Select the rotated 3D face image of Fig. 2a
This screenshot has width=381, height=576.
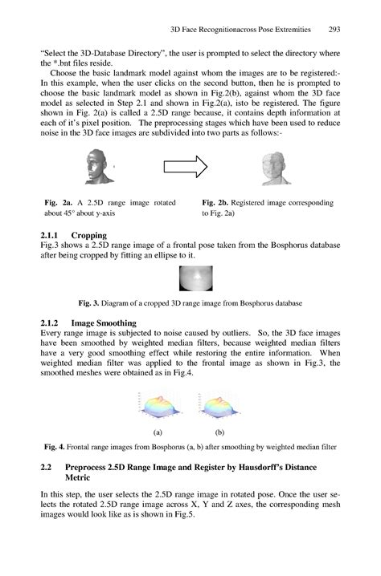[x=100, y=168]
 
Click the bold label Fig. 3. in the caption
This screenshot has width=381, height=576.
[x=88, y=304]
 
